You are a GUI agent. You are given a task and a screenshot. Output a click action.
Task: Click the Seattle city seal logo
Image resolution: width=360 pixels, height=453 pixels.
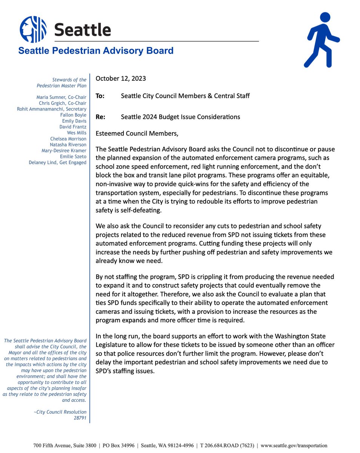click(33, 29)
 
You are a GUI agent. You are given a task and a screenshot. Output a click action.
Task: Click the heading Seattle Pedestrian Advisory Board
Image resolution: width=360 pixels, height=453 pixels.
click(96, 51)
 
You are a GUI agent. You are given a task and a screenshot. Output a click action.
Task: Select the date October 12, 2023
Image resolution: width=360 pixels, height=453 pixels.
click(120, 79)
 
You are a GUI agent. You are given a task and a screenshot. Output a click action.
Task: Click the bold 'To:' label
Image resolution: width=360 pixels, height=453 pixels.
click(100, 96)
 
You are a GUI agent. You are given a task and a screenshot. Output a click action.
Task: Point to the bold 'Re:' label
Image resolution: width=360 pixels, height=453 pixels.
click(100, 117)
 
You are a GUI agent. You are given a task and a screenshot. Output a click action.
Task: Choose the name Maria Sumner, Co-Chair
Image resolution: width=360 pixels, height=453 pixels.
click(61, 97)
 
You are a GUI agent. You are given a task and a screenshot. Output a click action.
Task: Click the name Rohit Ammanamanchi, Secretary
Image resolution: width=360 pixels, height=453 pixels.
click(52, 109)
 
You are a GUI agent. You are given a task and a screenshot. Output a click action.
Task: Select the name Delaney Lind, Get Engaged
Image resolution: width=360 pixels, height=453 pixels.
click(58, 163)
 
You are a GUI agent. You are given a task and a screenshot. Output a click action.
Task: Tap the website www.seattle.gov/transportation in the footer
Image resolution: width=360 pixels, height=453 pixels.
click(294, 445)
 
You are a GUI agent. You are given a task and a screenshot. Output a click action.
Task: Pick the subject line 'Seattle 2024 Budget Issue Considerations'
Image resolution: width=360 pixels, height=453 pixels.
click(180, 117)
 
